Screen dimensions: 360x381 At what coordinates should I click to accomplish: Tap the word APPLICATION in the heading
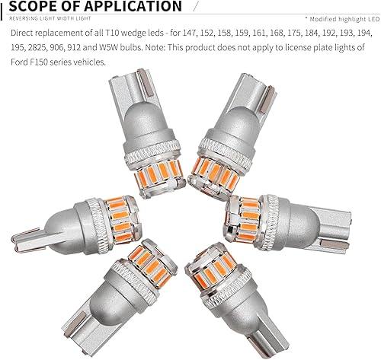(x=130, y=8)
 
